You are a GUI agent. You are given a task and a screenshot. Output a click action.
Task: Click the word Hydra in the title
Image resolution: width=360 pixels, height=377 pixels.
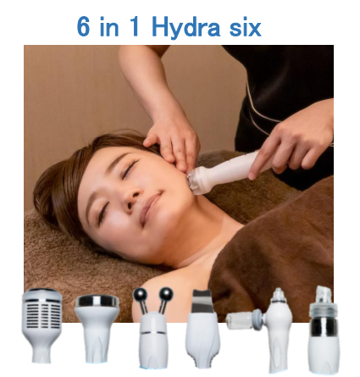186,28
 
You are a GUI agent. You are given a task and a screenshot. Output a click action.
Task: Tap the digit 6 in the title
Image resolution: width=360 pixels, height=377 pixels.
83,27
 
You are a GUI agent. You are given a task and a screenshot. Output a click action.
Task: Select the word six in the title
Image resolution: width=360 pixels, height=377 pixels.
245,28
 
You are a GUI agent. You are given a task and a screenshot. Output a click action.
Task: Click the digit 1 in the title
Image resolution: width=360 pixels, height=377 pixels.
135,27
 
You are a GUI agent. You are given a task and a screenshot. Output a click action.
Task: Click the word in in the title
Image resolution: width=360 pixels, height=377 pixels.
108,27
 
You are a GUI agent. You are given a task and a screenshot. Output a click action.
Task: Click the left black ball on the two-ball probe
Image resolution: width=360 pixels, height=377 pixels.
140,296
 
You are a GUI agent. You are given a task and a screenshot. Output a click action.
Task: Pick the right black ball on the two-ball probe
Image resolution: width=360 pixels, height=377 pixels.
166,295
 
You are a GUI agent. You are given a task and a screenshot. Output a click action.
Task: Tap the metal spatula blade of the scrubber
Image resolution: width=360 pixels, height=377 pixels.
202,301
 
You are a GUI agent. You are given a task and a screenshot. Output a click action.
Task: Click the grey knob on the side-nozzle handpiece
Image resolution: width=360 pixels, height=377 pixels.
258,319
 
